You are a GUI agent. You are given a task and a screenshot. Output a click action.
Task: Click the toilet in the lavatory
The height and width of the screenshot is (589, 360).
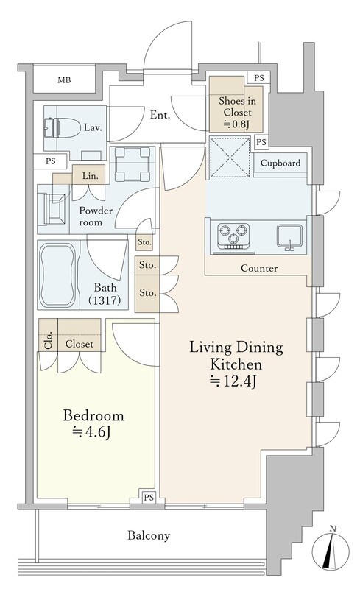pyautogui.click(x=62, y=128)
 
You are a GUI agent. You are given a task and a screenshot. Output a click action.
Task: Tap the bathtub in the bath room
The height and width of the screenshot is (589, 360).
pyautogui.click(x=58, y=275)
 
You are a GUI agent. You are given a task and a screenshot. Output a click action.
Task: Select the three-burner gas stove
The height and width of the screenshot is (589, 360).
pyautogui.click(x=233, y=236)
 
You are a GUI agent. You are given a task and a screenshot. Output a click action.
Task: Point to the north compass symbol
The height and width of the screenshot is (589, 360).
pyautogui.click(x=331, y=549)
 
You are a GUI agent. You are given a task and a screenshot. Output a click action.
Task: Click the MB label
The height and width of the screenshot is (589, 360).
pyautogui.click(x=64, y=80)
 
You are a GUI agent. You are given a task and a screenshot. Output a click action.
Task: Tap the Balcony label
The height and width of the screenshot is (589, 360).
pyautogui.click(x=149, y=535)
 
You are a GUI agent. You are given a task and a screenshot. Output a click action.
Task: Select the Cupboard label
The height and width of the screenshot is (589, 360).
pyautogui.click(x=280, y=163)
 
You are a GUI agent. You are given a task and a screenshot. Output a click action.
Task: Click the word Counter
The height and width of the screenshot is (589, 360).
pyautogui.click(x=259, y=268)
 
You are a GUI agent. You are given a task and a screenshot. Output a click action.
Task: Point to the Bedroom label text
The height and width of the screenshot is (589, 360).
pyautogui.click(x=93, y=415)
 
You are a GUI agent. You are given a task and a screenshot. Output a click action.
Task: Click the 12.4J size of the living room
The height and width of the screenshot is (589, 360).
pyautogui.click(x=233, y=381)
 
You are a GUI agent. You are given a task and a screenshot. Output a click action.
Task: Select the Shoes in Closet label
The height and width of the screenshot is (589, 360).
pyautogui.click(x=238, y=107)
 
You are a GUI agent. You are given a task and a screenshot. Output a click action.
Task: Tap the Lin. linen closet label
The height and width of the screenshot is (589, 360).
pyautogui.click(x=91, y=176)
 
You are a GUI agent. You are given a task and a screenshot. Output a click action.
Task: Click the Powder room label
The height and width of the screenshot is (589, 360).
pyautogui.click(x=96, y=216)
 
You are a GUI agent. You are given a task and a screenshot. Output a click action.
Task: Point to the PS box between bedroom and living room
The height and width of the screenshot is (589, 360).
pyautogui.click(x=149, y=498)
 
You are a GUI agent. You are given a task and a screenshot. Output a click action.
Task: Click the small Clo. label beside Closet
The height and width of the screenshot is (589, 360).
pyautogui.click(x=49, y=341)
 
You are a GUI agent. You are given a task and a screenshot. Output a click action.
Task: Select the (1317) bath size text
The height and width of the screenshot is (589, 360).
pyautogui.click(x=105, y=300)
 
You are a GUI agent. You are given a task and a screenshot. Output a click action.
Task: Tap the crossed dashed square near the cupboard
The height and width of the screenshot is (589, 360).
pyautogui.click(x=230, y=157)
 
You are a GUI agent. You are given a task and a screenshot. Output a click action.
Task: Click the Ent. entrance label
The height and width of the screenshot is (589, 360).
pyautogui.click(x=160, y=115)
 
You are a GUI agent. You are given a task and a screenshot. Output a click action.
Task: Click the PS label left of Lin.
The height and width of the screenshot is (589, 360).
pyautogui.click(x=51, y=161)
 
